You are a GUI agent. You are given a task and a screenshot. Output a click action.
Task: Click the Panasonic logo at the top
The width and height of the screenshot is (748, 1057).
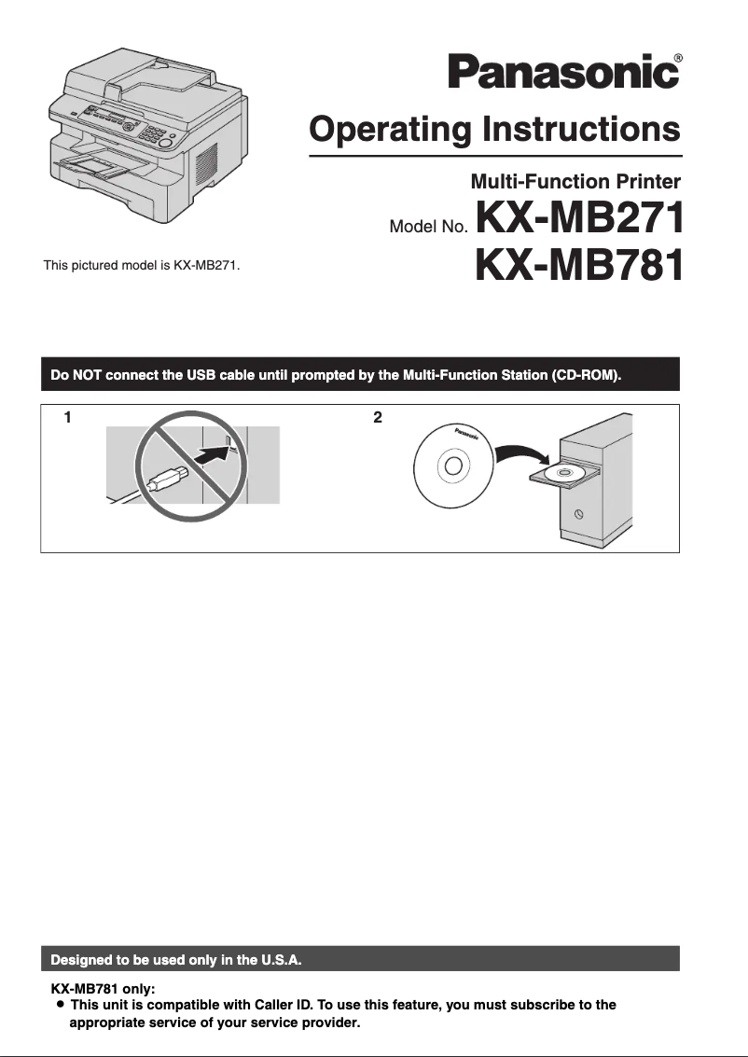coord(564,72)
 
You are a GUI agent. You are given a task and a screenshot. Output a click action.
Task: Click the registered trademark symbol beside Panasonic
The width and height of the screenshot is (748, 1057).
coord(678,58)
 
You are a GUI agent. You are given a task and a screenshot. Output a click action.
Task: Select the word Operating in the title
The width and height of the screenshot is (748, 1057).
coord(390,130)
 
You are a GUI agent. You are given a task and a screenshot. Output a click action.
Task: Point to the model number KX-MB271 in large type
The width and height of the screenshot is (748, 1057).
coord(579,217)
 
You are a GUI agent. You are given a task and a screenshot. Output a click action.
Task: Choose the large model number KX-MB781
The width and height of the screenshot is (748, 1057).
coord(579,265)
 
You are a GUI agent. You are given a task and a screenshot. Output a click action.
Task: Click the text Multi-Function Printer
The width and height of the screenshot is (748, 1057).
coord(575,181)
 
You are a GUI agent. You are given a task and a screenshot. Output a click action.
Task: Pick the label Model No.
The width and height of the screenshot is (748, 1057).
coord(429,228)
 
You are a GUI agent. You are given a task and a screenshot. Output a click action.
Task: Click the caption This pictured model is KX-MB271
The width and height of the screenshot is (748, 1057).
coord(142,266)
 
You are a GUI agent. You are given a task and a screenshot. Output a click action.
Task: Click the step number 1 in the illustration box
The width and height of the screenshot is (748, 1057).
coord(67,417)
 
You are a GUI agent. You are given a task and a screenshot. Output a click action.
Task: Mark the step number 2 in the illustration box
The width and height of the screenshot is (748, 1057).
coord(378,417)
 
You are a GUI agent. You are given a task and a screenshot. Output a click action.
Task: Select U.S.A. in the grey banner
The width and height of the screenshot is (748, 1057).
coord(281,959)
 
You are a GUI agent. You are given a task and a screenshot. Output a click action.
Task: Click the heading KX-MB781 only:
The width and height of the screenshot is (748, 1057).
coord(104,989)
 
